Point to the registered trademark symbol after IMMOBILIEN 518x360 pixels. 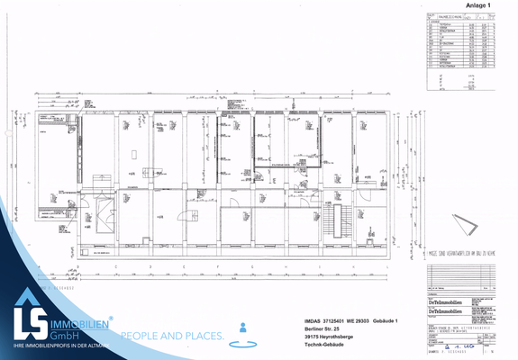pos(111,317)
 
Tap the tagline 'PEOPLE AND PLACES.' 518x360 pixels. pos(172,336)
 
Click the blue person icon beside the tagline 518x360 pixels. pos(240,329)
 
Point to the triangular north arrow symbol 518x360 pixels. pos(466,223)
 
